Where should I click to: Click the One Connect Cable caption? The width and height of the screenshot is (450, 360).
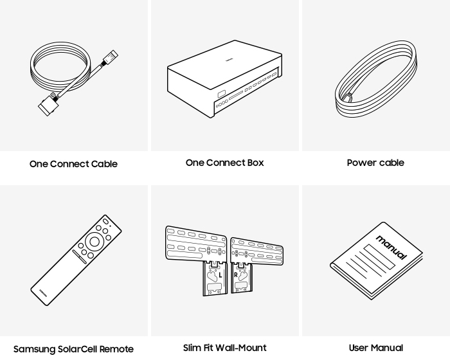point(74,164)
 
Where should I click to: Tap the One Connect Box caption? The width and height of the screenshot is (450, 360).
point(224,163)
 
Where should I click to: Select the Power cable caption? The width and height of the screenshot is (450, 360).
point(375,163)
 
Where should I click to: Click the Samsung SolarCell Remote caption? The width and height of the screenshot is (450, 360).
point(75,349)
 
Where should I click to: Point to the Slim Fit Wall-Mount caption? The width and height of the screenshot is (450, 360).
point(224,348)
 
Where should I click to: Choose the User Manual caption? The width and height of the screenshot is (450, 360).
point(375,348)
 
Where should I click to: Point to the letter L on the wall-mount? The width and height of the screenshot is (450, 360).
point(219,274)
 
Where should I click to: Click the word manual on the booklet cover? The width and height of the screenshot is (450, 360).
point(388,247)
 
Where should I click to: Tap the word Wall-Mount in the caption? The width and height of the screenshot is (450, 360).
point(244,348)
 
